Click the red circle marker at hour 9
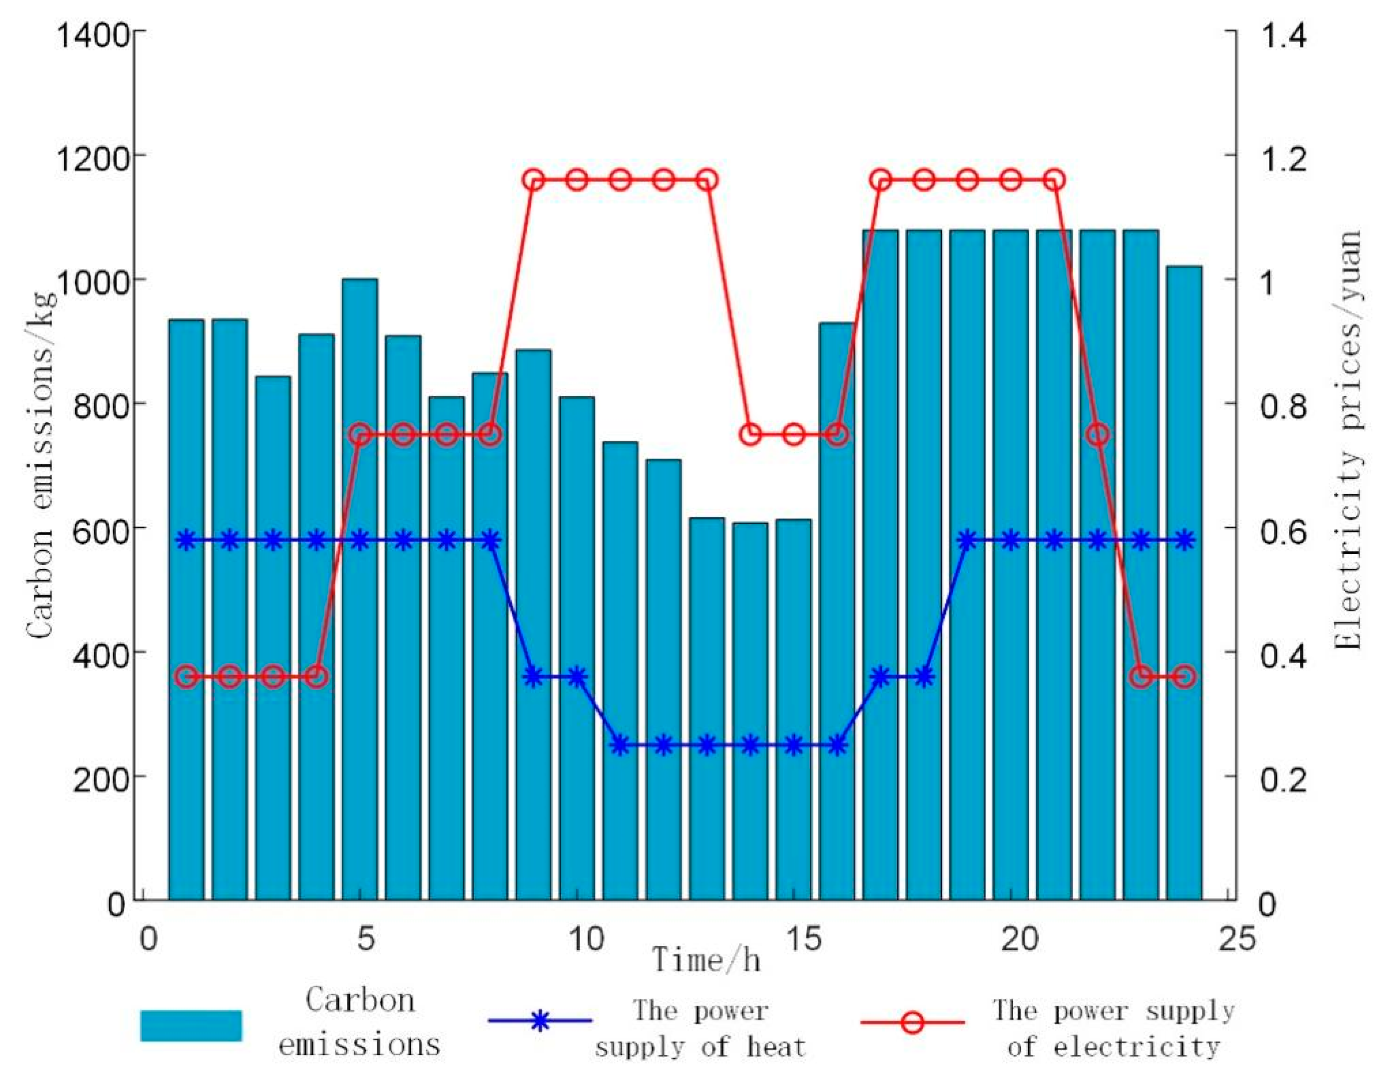coord(533,180)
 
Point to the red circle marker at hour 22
coord(1098,435)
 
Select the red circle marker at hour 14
coord(750,435)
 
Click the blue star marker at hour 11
coord(621,745)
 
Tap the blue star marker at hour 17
coord(881,676)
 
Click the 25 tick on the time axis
coord(1237,939)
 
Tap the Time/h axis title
coord(706,960)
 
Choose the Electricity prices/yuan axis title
coord(1347,439)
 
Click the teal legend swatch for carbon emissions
coord(191,1025)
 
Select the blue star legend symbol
coord(539,1021)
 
